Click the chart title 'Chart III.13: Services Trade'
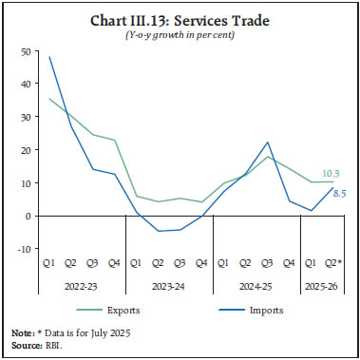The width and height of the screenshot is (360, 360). pyautogui.click(x=180, y=21)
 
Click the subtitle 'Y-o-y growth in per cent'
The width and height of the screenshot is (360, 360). pyautogui.click(x=180, y=36)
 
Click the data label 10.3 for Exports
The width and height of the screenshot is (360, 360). pyautogui.click(x=332, y=173)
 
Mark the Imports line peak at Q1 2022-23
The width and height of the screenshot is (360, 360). pyautogui.click(x=49, y=57)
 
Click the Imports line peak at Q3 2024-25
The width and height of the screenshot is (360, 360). pyautogui.click(x=268, y=142)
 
